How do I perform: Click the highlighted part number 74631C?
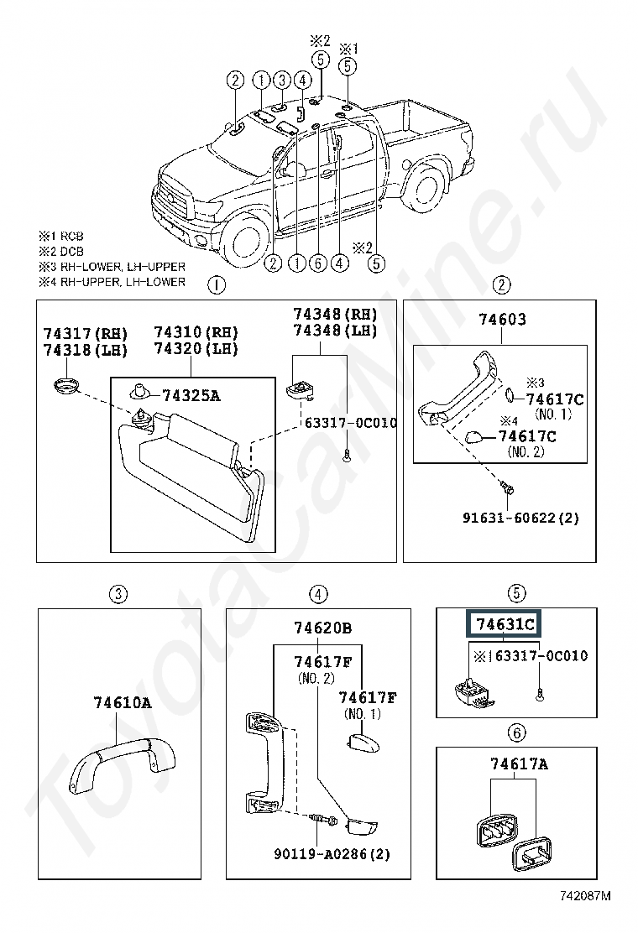coord(505,625)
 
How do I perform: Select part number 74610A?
coord(122,703)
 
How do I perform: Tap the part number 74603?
coord(502,320)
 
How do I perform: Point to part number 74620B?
coord(322,628)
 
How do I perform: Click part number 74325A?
coord(191,395)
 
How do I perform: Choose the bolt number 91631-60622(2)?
coord(520,519)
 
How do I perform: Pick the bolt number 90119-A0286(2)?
coord(332,854)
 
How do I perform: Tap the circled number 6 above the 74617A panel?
coord(516,733)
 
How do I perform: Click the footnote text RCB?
coord(69,237)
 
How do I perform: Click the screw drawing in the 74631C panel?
coord(537,693)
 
